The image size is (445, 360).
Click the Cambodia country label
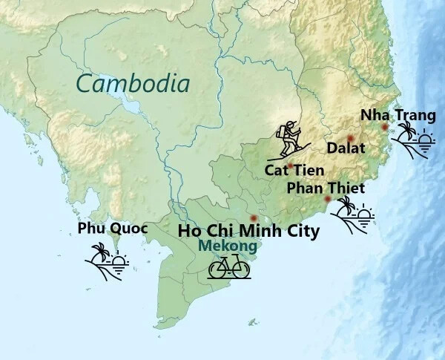133,83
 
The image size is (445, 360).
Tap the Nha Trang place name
398,115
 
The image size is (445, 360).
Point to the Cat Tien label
294,171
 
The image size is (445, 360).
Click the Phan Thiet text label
326,189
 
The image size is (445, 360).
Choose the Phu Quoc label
113,229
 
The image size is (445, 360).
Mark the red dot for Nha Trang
384,127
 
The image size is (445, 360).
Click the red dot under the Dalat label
349,138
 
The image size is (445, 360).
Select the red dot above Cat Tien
290,166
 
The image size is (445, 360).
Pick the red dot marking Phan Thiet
328,199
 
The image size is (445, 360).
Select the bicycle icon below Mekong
228,268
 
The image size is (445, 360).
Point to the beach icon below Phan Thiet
352,216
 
